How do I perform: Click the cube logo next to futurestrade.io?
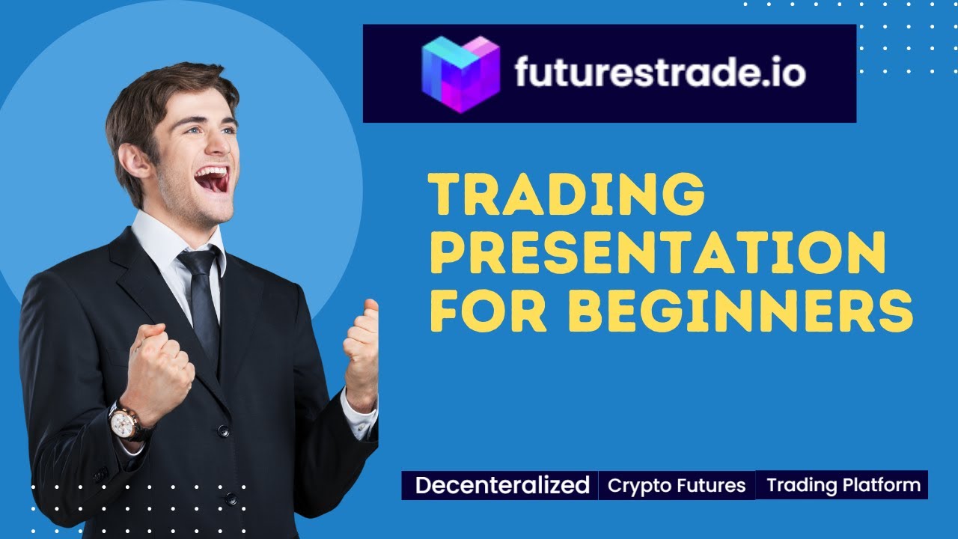460,74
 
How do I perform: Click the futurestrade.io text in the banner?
659,73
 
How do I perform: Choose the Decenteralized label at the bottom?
502,485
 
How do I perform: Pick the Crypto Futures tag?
677,486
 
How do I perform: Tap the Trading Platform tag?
843,485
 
